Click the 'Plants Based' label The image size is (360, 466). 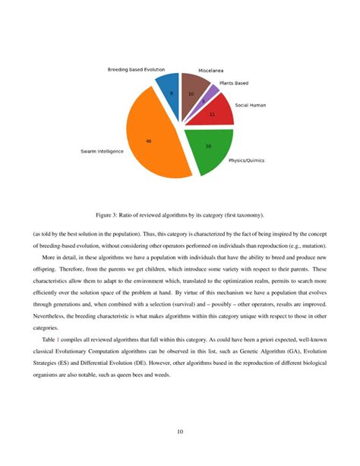234,83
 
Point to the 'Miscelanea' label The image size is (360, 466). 203,69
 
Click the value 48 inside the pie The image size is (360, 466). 149,141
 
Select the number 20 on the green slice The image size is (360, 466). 208,145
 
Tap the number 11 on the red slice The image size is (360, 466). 212,115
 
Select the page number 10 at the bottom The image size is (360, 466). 180,433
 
